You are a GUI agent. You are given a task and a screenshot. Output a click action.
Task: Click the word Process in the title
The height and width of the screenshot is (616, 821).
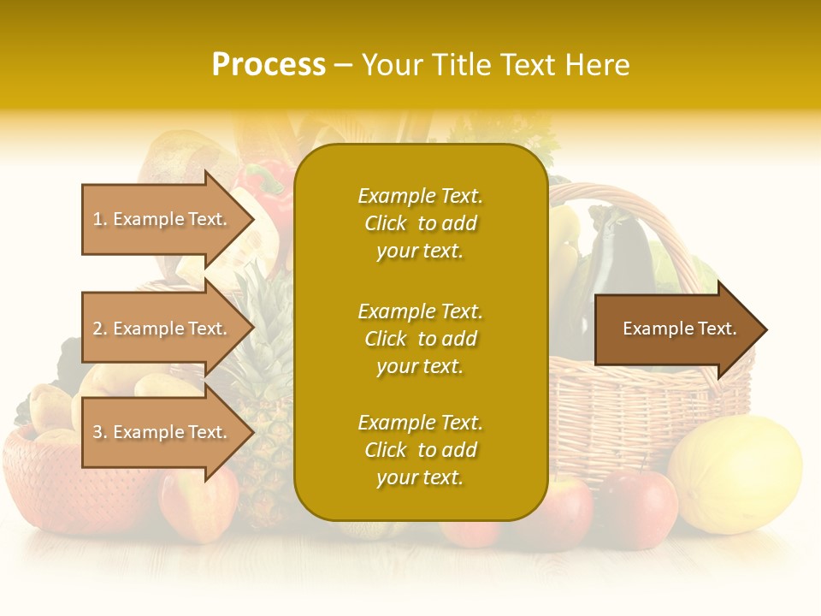pos(269,65)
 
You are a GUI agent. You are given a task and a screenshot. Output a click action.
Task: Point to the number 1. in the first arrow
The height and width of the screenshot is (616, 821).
pos(99,220)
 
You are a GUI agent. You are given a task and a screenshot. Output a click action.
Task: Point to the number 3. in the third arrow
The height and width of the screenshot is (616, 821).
pos(99,433)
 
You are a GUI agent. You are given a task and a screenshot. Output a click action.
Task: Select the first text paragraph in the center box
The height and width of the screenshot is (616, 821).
pos(420,223)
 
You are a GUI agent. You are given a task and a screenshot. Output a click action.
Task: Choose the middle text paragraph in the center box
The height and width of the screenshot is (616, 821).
pos(420,339)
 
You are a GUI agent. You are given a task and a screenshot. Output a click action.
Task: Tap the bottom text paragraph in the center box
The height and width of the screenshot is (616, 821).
pos(420,450)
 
